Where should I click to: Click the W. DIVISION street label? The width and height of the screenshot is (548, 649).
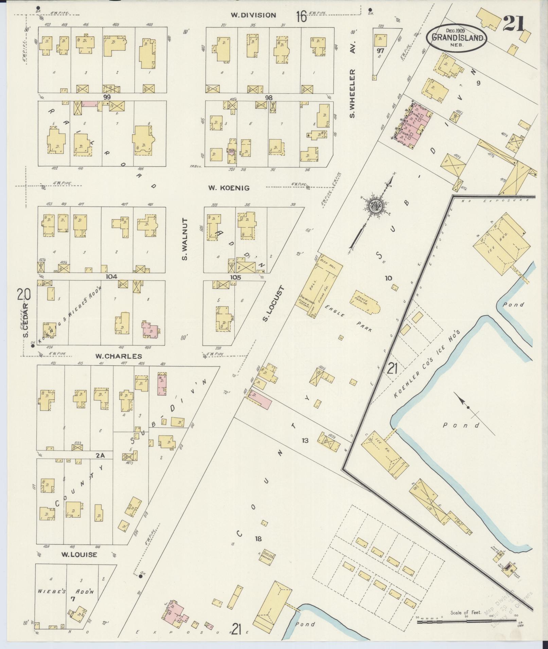pos(253,15)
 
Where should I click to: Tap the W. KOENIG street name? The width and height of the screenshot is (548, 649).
pos(229,188)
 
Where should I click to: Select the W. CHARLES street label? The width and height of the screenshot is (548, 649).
pos(118,356)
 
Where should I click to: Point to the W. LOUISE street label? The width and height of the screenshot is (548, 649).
pos(79,555)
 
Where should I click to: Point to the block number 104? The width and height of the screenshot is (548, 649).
pos(111,276)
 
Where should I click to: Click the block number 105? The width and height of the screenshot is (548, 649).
pos(235,277)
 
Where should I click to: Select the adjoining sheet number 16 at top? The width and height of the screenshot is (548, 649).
pos(301,16)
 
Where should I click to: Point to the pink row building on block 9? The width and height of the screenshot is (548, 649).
pos(414,126)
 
